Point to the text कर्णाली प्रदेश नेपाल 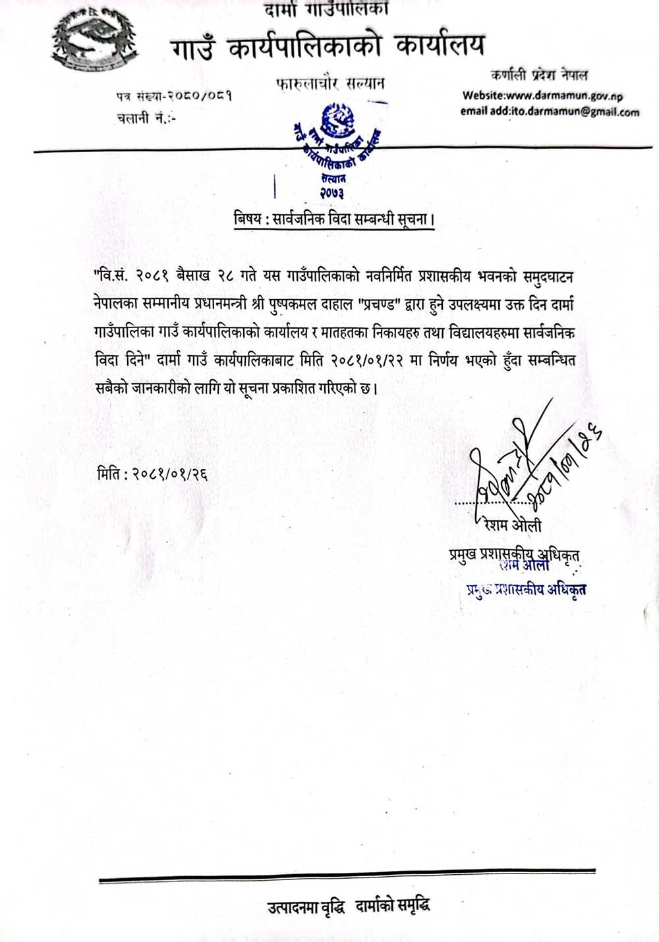(539, 75)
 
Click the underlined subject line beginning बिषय (334, 220)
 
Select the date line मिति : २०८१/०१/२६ (152, 474)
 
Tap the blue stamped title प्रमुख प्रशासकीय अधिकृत (526, 589)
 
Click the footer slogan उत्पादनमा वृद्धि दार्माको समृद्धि (349, 907)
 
